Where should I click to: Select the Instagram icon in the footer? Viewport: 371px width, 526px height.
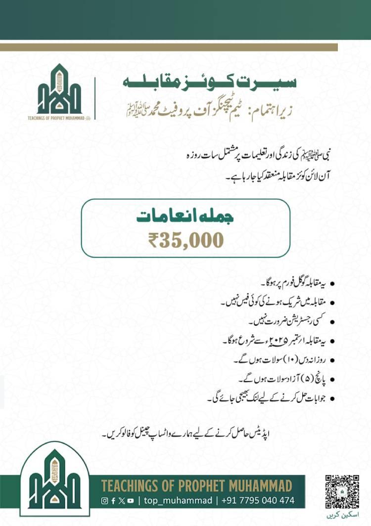pyautogui.click(x=104, y=500)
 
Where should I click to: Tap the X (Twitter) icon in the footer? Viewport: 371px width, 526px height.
pyautogui.click(x=122, y=500)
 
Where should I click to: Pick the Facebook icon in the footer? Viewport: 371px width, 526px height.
pyautogui.click(x=113, y=500)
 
